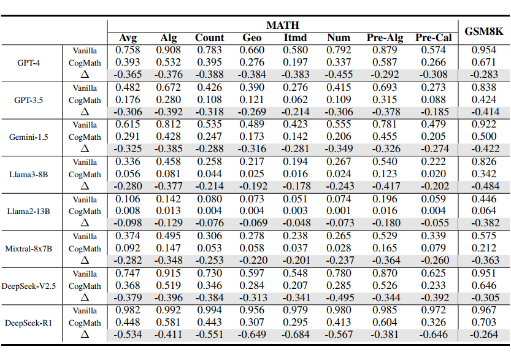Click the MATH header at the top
coord(283,25)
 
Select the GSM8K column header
coord(483,32)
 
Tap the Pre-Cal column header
coord(433,38)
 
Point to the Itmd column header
coord(295,38)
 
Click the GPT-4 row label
coord(29,63)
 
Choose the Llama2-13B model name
coord(29,212)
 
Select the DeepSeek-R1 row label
coord(29,323)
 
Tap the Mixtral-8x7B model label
coord(29,249)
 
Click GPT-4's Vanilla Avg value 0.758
coord(128,50)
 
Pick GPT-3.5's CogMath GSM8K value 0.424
coord(483,100)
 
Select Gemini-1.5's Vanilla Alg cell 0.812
coord(168,124)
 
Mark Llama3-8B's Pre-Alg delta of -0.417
coord(385,186)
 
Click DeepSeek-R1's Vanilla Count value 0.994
coord(210,310)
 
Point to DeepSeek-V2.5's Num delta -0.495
coord(339,298)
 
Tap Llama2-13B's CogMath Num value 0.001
coord(339,211)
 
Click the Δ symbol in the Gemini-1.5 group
coord(85,149)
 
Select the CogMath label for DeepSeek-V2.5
coord(85,286)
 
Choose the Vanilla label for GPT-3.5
coord(85,88)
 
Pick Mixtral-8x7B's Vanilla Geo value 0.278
coord(252,236)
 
